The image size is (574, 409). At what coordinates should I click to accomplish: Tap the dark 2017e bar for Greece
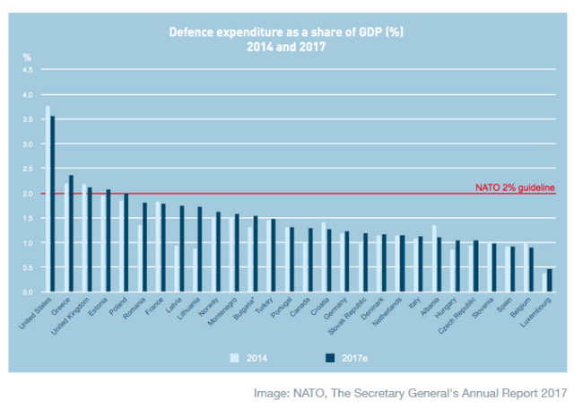point(72,234)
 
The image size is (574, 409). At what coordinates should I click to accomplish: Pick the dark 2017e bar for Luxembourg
point(550,281)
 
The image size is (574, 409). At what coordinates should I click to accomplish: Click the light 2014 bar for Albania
point(435,259)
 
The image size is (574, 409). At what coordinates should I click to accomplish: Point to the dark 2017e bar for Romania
point(144,248)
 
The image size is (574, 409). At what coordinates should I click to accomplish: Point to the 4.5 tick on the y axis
point(27,70)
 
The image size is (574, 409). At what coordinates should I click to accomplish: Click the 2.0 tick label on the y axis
point(27,194)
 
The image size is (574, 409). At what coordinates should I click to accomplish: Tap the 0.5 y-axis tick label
point(27,268)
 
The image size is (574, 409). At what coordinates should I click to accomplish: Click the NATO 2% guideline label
point(515,187)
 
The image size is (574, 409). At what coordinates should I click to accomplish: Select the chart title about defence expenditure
point(287,39)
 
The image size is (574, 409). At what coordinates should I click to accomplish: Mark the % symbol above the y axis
point(27,57)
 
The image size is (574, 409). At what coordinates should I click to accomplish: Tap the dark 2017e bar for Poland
point(126,243)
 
